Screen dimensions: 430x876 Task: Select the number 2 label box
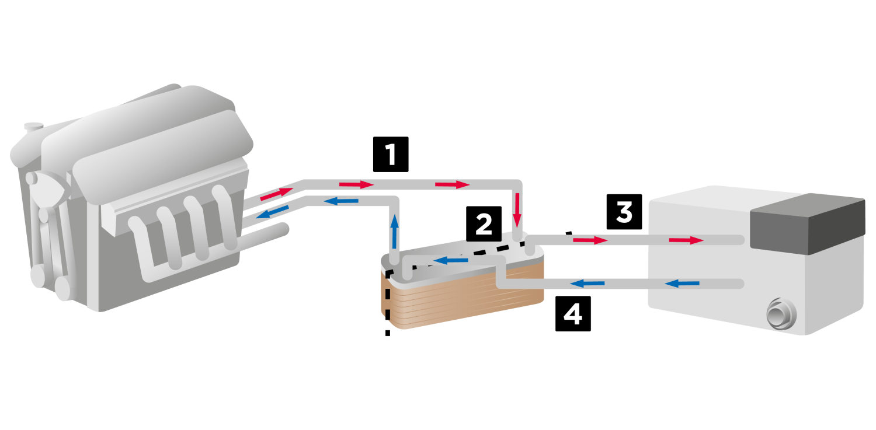point(484,224)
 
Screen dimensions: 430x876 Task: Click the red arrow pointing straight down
point(517,216)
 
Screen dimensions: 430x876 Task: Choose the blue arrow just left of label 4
point(587,284)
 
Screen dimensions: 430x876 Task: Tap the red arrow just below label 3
point(590,240)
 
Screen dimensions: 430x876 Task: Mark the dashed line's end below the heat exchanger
point(387,333)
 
